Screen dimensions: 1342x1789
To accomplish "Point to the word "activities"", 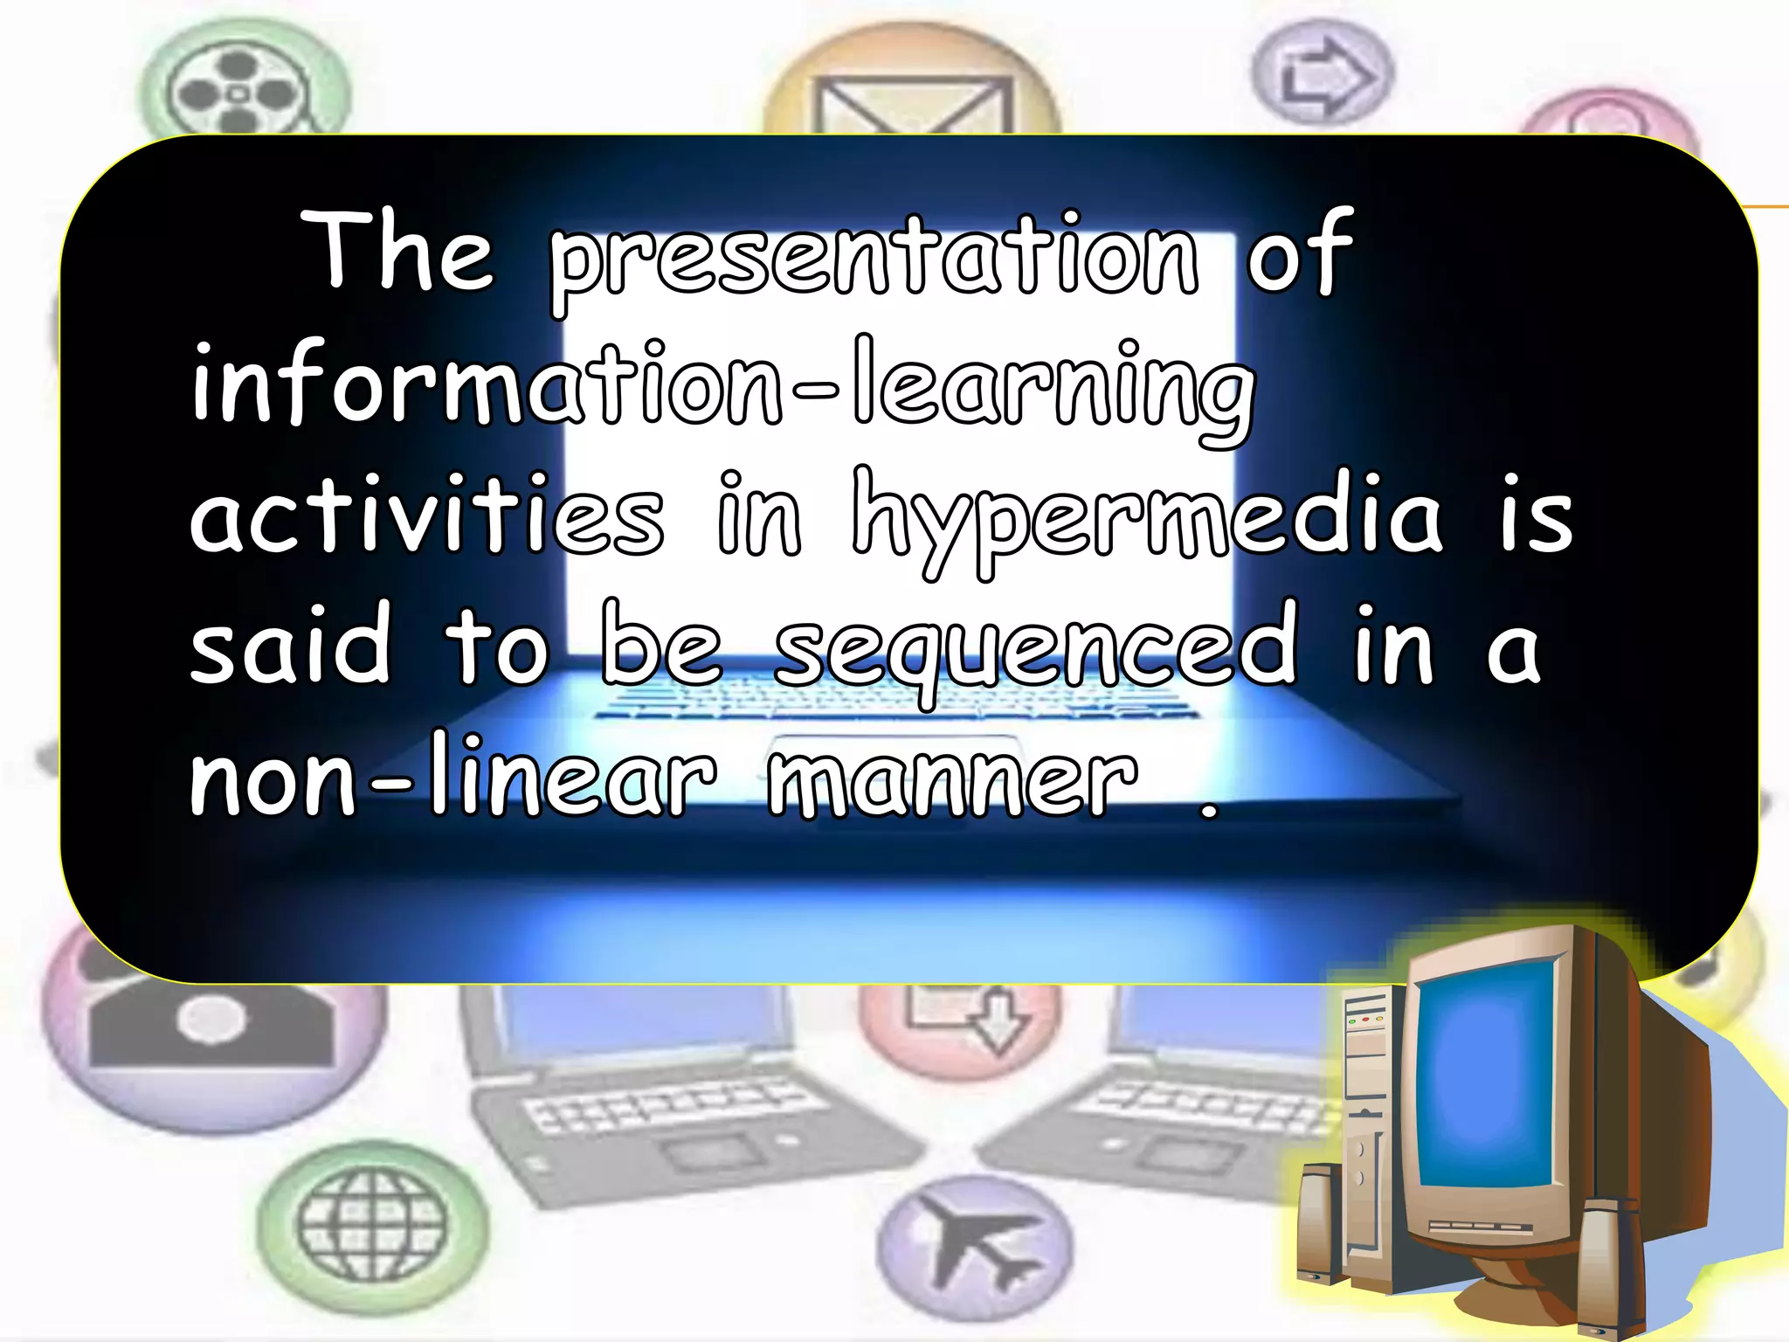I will click(427, 515).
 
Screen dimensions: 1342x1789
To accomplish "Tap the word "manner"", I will click(953, 778).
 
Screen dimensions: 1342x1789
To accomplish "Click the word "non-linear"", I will click(453, 778).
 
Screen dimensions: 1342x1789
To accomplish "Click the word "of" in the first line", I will click(1299, 253).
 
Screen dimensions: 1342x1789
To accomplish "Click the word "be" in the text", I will click(661, 647).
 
